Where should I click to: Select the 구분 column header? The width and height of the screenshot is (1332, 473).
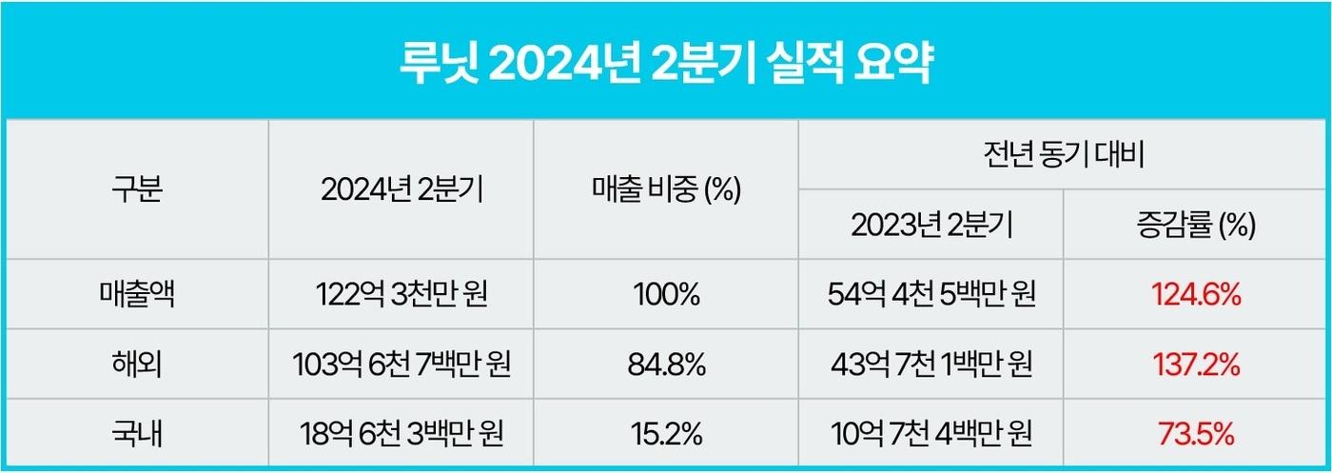pyautogui.click(x=137, y=189)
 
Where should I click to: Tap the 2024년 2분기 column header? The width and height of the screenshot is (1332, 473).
pyautogui.click(x=401, y=189)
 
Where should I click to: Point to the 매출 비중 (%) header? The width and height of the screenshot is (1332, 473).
pyautogui.click(x=666, y=189)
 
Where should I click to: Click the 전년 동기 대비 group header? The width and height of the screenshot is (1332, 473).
pyautogui.click(x=1064, y=155)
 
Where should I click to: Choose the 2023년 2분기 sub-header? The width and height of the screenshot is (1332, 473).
pyautogui.click(x=930, y=225)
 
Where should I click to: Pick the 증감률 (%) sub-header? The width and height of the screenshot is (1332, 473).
pyautogui.click(x=1196, y=225)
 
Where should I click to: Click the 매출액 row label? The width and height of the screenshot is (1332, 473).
pyautogui.click(x=137, y=295)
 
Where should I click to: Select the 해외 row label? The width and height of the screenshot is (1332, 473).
pyautogui.click(x=137, y=365)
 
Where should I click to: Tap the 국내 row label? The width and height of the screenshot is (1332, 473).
pyautogui.click(x=137, y=434)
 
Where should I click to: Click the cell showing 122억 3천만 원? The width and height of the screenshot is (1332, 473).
pyautogui.click(x=401, y=295)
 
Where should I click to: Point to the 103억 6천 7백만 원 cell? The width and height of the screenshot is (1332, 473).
pyautogui.click(x=401, y=365)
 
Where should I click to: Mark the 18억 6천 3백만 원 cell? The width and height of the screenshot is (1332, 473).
pyautogui.click(x=401, y=434)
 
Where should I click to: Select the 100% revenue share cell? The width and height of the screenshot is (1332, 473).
pyautogui.click(x=666, y=295)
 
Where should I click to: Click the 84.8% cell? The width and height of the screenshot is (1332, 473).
pyautogui.click(x=666, y=365)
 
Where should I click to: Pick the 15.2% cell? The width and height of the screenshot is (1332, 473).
pyautogui.click(x=666, y=434)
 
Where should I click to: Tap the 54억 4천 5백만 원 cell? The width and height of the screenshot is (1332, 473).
pyautogui.click(x=930, y=295)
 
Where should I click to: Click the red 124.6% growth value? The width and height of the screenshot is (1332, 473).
pyautogui.click(x=1196, y=295)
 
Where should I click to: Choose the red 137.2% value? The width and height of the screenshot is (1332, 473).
pyautogui.click(x=1196, y=365)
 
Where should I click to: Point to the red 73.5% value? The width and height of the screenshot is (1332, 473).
pyautogui.click(x=1196, y=434)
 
